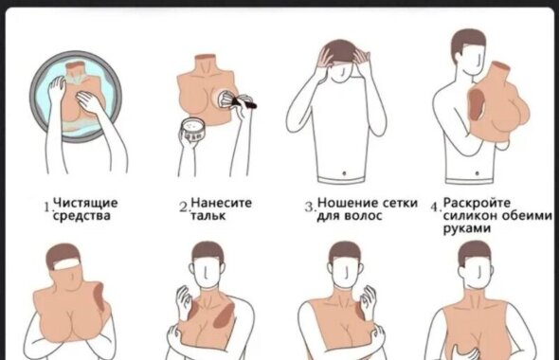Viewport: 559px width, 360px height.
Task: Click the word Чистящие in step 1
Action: pyautogui.click(x=85, y=203)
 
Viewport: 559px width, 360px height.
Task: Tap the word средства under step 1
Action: pyautogui.click(x=81, y=216)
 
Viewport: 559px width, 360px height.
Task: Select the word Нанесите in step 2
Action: pyautogui.click(x=222, y=203)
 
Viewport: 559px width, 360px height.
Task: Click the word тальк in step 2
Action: pyautogui.click(x=208, y=216)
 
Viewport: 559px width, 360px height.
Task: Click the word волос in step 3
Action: pyautogui.click(x=364, y=216)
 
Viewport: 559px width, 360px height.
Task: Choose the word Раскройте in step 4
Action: pyautogui.click(x=477, y=203)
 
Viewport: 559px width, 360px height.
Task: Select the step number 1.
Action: pyautogui.click(x=47, y=207)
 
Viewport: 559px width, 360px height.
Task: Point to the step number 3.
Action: pyautogui.click(x=310, y=207)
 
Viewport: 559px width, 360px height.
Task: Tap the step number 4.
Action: pyautogui.click(x=436, y=207)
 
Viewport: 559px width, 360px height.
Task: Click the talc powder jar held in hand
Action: pyautogui.click(x=192, y=130)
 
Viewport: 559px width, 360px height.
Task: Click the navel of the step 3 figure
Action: pyautogui.click(x=344, y=173)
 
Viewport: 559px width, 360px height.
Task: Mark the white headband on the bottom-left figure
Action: pyautogui.click(x=65, y=264)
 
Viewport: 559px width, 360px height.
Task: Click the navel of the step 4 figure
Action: pyautogui.click(x=477, y=173)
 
